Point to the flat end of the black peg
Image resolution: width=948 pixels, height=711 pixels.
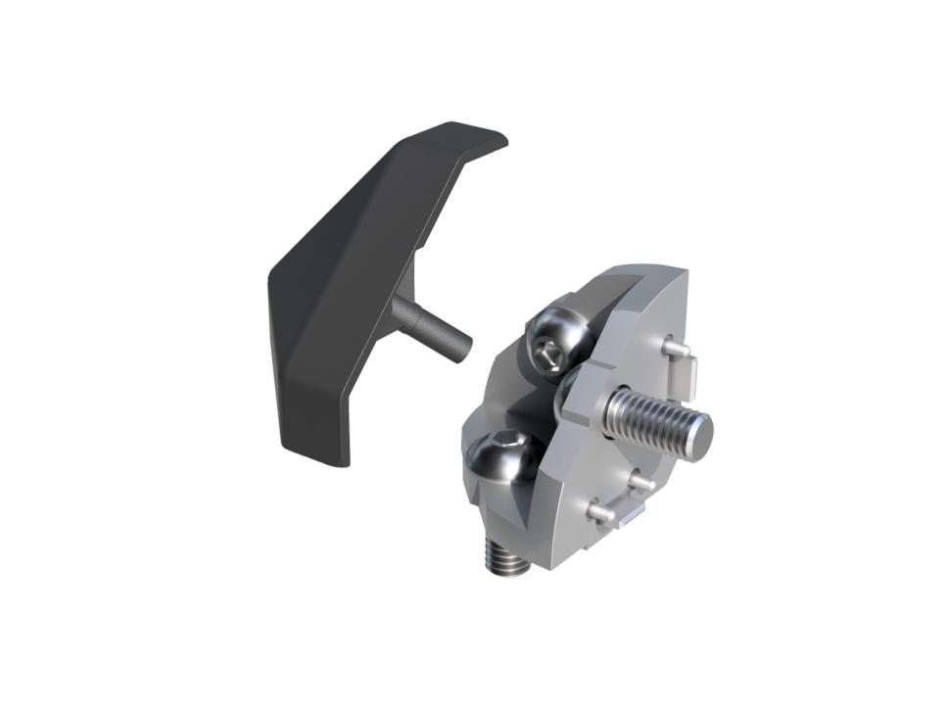[x=461, y=347]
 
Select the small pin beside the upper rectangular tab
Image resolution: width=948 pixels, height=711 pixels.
[x=671, y=346]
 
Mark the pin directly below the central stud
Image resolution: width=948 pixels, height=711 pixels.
[x=640, y=481]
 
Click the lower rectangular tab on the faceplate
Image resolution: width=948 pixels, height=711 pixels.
[x=627, y=515]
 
